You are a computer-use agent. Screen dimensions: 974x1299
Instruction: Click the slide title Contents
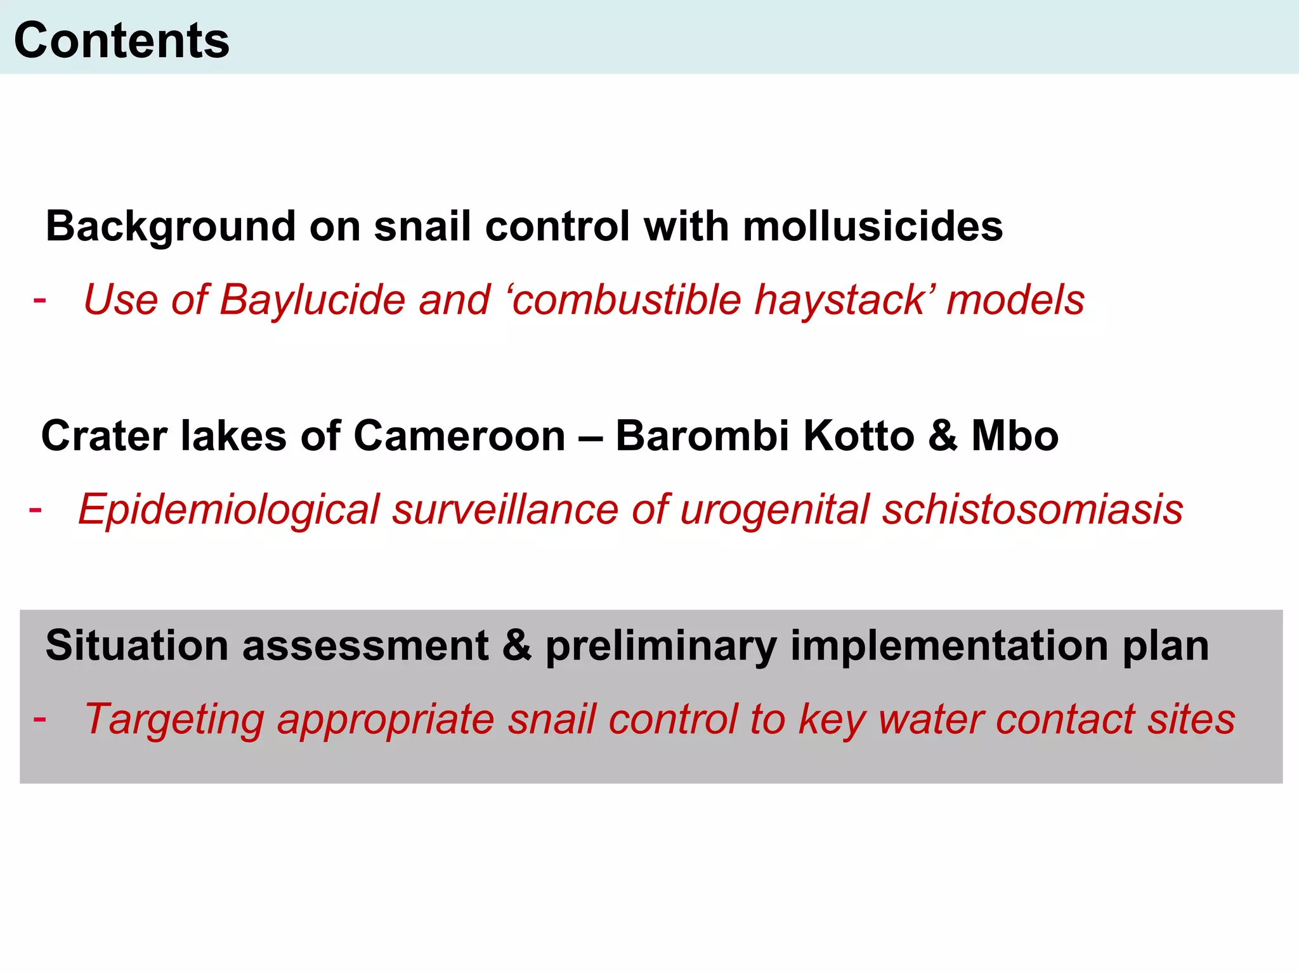[x=122, y=40]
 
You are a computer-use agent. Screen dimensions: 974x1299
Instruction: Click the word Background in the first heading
[x=171, y=226]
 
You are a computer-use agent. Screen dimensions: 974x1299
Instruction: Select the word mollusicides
[x=873, y=226]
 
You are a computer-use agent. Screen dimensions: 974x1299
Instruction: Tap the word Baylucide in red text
[x=312, y=299]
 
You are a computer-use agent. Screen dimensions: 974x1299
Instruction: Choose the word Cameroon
[x=459, y=436]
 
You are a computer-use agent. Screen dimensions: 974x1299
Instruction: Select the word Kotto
[x=859, y=436]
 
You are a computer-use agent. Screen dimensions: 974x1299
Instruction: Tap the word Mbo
[x=1015, y=436]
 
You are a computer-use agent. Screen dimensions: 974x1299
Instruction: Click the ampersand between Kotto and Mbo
[x=943, y=436]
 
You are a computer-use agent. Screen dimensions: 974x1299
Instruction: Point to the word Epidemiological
[x=228, y=509]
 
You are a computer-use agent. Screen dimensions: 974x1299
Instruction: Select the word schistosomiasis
[x=1033, y=509]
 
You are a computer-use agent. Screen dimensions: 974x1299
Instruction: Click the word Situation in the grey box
[x=136, y=646]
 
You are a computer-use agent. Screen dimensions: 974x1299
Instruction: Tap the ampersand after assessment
[x=517, y=646]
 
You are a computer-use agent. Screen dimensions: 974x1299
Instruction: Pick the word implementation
[x=949, y=646]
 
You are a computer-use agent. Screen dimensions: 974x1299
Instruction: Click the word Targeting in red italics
[x=174, y=719]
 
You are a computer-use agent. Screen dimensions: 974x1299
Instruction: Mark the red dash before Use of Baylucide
[x=39, y=299]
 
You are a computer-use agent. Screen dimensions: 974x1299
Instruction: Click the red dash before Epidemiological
[x=36, y=509]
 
